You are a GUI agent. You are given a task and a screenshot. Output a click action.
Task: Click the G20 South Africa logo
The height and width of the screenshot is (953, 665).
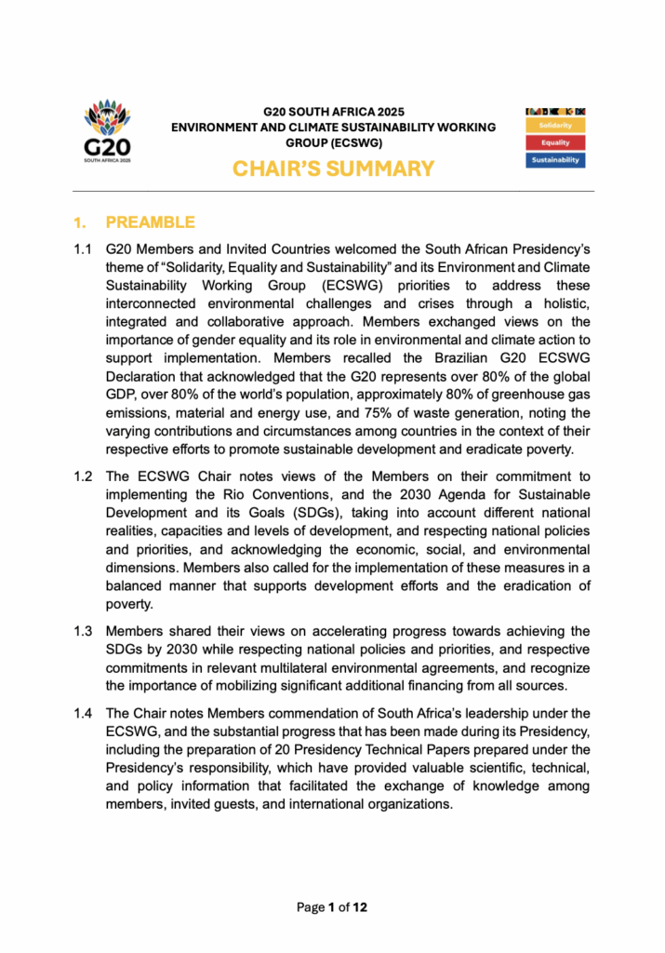tap(108, 131)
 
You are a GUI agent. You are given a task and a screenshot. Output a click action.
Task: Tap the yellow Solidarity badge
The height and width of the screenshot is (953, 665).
tap(556, 125)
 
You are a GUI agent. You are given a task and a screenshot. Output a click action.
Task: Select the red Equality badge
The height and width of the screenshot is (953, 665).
tap(556, 142)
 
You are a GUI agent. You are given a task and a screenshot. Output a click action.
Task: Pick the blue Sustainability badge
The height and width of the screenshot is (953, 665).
tap(556, 160)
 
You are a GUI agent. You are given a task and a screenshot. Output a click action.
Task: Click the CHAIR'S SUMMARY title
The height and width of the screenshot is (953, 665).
tap(333, 168)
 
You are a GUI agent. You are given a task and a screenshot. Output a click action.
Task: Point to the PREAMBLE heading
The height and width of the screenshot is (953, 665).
tap(150, 222)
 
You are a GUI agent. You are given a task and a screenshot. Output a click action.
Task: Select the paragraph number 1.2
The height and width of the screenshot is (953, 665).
tap(84, 477)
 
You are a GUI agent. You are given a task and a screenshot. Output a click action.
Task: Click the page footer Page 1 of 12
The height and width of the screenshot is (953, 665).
tap(332, 906)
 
